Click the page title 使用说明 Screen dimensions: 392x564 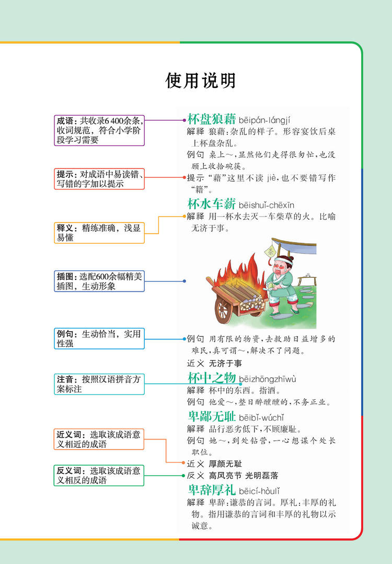coord(201,81)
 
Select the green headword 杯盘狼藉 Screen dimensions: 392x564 coord(212,118)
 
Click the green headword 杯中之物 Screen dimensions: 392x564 coord(212,378)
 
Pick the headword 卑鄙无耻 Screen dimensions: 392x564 coord(212,416)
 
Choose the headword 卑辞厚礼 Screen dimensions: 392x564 coord(212,490)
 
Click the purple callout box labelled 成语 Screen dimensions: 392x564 coord(99,130)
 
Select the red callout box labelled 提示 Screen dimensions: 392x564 coord(99,179)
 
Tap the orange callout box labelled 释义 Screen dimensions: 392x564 coord(99,233)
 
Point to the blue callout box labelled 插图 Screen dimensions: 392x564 coord(99,281)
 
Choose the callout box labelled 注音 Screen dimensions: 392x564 coord(99,384)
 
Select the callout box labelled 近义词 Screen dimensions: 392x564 coord(99,439)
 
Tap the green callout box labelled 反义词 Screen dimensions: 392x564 coord(99,475)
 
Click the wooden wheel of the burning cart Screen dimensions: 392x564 coord(225,309)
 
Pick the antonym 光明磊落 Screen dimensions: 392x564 coord(261,476)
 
